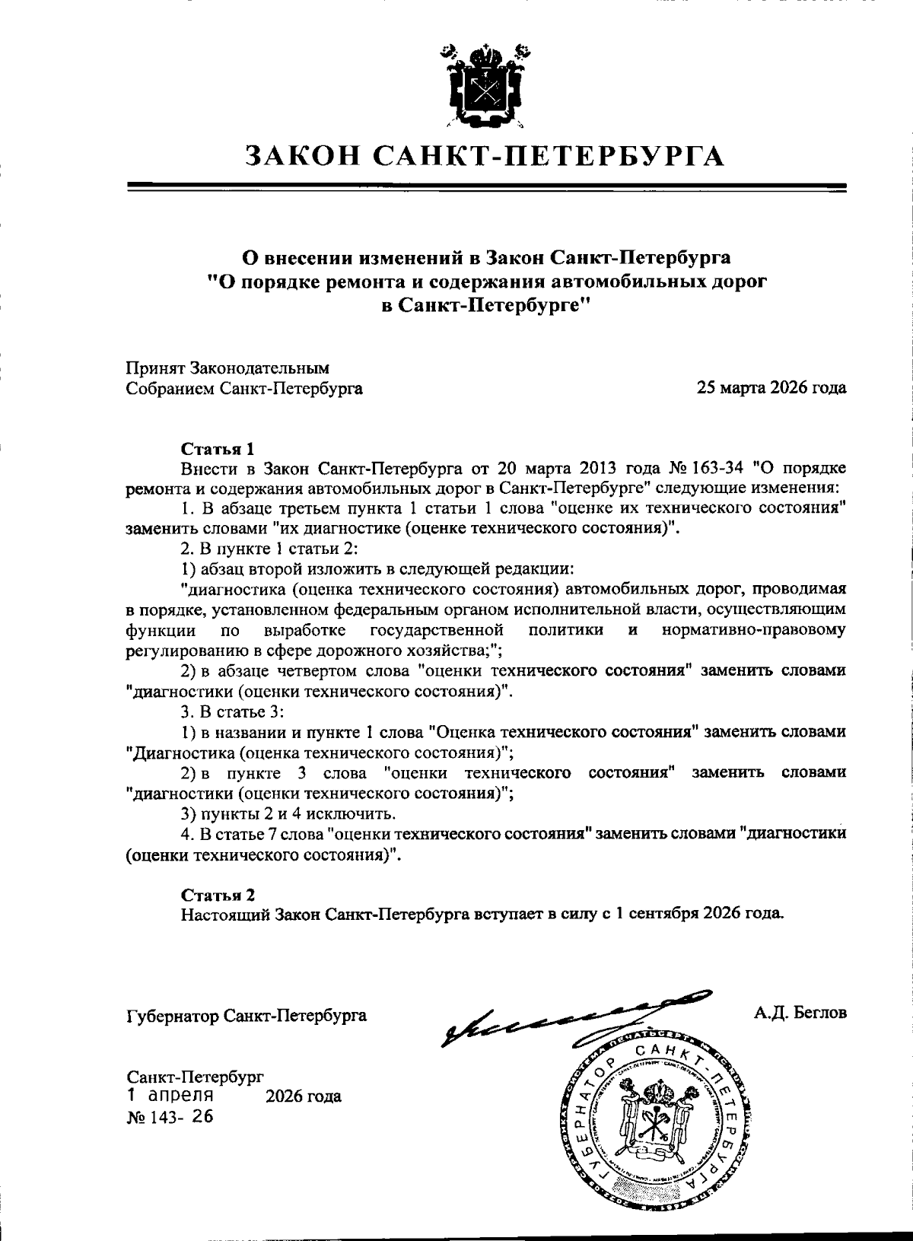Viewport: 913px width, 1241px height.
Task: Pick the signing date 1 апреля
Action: (x=170, y=1096)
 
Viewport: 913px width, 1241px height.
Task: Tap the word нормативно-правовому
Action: (x=754, y=631)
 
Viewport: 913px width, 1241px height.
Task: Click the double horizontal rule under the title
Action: (x=486, y=188)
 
